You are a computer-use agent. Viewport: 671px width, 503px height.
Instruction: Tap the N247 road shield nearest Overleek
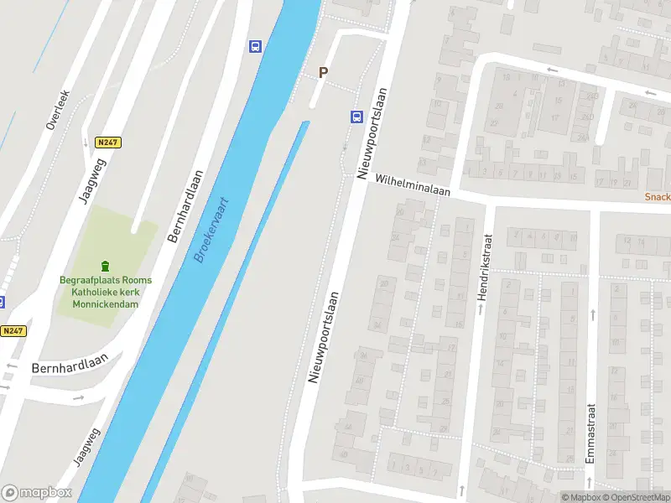108,143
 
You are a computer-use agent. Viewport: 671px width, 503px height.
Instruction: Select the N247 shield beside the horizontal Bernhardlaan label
13,331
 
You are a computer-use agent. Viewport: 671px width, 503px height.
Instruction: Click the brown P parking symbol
323,73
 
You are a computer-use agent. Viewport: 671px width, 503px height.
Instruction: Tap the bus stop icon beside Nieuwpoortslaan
356,117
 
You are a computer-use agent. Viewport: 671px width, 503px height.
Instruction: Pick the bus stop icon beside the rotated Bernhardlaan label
254,46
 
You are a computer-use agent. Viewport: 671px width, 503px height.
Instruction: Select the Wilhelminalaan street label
413,185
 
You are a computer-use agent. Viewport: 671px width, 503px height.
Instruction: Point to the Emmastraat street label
590,433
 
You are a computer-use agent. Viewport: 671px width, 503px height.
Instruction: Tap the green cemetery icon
106,267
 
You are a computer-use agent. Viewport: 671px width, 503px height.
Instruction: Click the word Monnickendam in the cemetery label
106,303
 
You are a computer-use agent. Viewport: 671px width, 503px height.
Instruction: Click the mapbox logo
37,493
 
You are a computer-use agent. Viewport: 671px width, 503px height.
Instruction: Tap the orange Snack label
657,197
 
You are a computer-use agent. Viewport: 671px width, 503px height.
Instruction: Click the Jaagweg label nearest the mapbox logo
86,446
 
